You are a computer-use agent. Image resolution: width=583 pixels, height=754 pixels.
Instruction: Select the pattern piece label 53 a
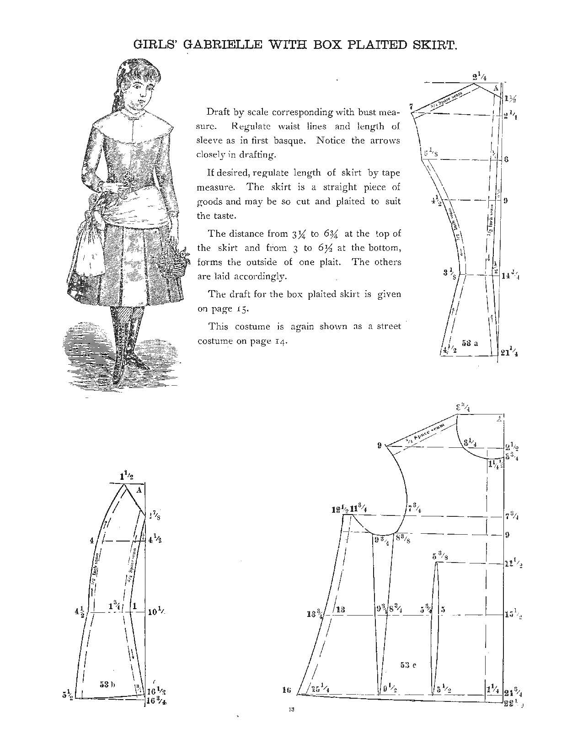pos(470,343)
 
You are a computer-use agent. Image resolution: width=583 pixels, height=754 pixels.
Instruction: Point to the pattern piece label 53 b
pos(107,684)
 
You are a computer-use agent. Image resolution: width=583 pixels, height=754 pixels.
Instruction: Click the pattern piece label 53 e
pos(408,665)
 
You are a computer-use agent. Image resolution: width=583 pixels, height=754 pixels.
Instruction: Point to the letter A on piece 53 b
pos(139,490)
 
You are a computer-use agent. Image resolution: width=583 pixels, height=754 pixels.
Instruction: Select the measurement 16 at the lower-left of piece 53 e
pos(287,690)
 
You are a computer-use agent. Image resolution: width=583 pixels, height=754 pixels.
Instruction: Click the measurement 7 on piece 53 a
pos(412,107)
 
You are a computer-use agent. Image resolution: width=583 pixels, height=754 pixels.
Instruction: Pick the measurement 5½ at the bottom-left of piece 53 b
pos(67,695)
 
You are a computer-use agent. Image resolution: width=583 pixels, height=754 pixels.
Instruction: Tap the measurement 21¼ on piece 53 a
pos(508,352)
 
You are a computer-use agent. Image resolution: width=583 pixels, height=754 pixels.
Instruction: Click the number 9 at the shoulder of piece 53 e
pos(380,445)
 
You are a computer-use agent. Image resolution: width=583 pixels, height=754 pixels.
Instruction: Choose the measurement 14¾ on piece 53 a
pos(510,276)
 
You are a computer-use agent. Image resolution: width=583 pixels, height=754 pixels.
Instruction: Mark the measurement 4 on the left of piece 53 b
pos(92,540)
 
